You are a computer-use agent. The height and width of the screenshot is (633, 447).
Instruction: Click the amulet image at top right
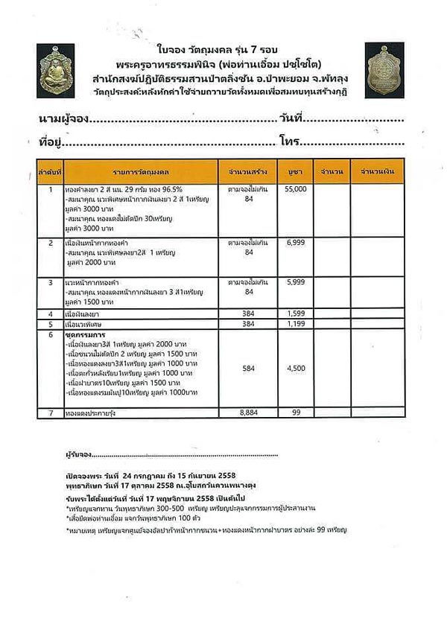click(385, 69)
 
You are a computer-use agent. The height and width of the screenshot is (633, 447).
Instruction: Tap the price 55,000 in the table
click(296, 190)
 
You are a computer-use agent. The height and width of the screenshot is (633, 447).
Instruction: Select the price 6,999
click(296, 244)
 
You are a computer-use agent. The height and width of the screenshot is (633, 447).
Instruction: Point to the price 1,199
click(296, 325)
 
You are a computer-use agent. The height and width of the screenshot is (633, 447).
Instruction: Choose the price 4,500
click(296, 367)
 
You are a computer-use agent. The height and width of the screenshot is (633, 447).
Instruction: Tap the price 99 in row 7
click(296, 411)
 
